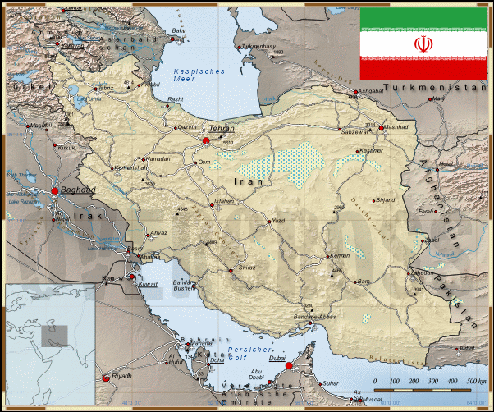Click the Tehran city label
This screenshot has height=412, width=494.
tap(221, 129)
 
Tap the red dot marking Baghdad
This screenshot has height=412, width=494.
tap(55, 190)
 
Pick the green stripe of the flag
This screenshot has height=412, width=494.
tap(423, 20)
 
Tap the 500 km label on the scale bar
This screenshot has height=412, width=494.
tap(476, 382)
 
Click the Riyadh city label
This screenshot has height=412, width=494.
tap(121, 376)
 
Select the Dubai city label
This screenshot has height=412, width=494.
tap(277, 358)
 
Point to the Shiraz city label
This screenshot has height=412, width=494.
tap(246, 268)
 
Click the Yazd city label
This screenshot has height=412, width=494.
tap(279, 221)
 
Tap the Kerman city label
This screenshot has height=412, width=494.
tap(340, 255)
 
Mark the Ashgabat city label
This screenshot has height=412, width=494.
tap(372, 91)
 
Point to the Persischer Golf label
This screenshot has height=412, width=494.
tap(248, 353)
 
